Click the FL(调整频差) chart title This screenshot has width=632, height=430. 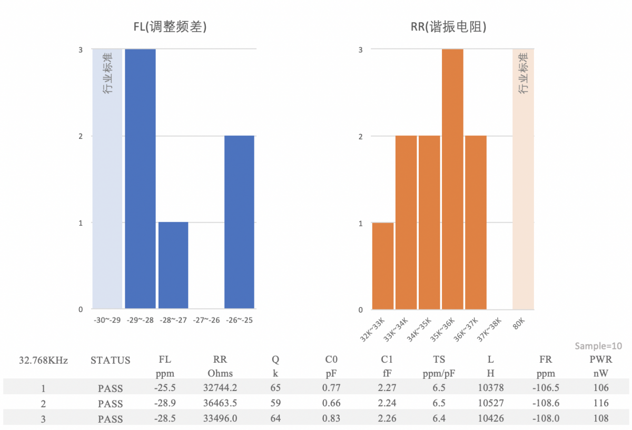[169, 27]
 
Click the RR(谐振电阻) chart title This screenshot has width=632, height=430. [448, 27]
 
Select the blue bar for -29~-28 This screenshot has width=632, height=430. [140, 178]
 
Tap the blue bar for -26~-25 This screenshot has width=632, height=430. [239, 222]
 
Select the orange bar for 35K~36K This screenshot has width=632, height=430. [452, 179]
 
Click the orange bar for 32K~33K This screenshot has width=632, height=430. [383, 266]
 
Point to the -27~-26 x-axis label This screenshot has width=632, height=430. [206, 320]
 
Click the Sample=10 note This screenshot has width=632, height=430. [598, 346]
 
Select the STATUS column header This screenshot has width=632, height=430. [110, 361]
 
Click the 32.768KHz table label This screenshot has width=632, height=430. [43, 361]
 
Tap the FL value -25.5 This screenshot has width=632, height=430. [164, 388]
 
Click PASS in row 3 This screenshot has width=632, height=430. [110, 419]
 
